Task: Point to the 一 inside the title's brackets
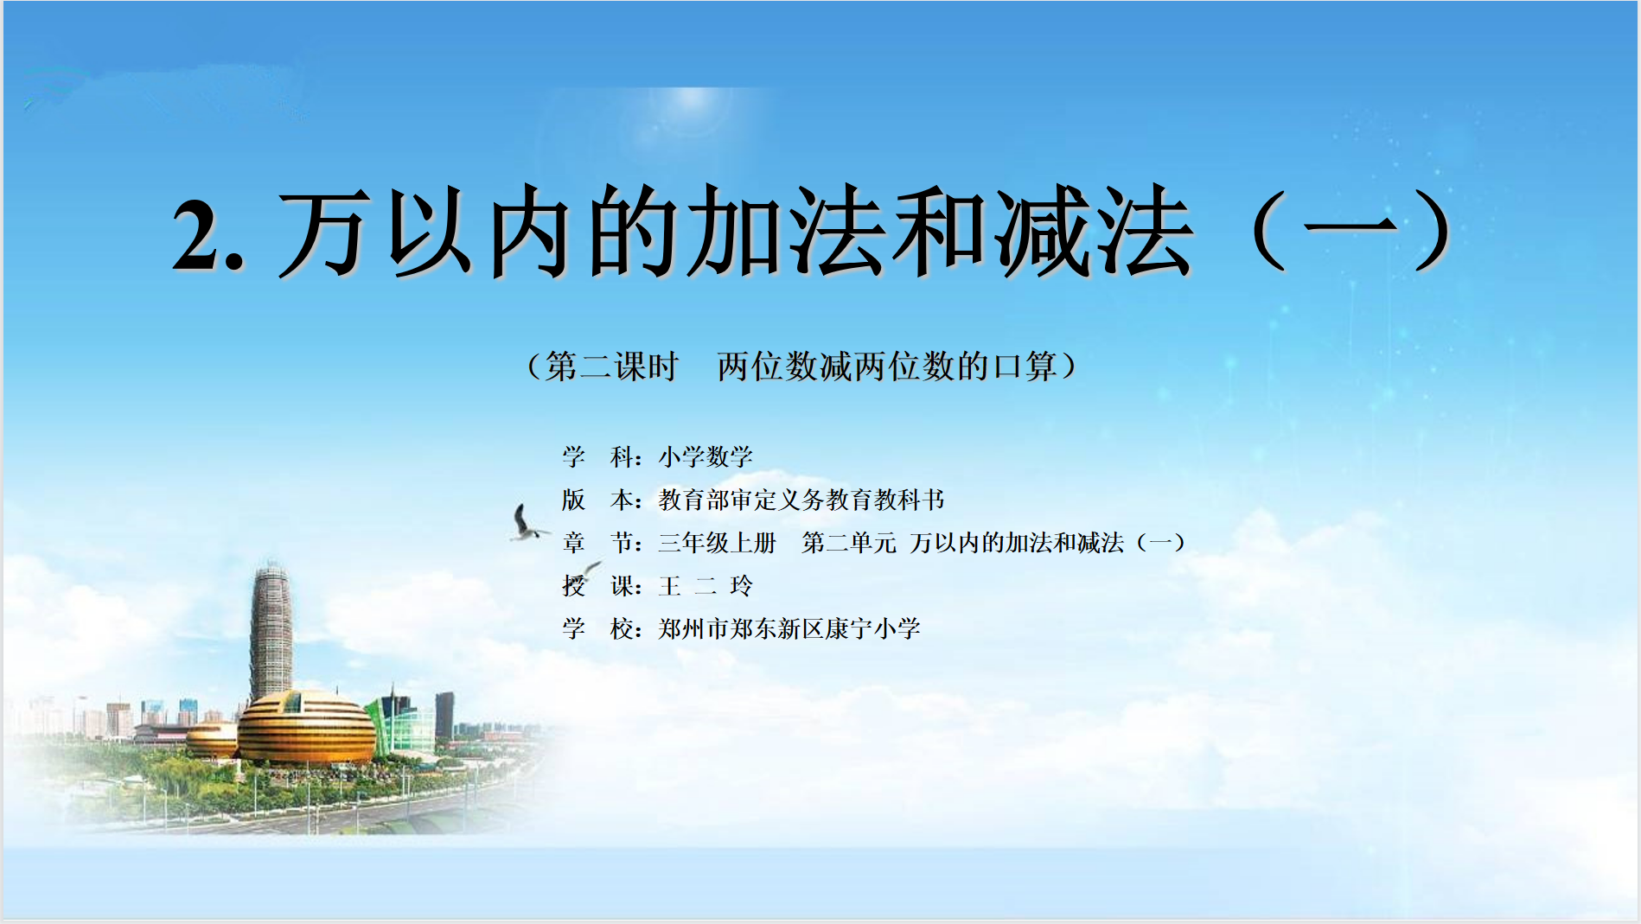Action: (x=1350, y=229)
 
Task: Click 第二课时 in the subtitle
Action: (x=612, y=366)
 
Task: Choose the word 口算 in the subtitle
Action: (x=1025, y=366)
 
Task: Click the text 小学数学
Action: (x=706, y=456)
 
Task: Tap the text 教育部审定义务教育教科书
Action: (x=801, y=500)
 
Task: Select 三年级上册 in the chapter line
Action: (x=717, y=543)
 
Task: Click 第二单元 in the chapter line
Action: (x=849, y=543)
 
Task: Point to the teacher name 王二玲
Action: (x=706, y=586)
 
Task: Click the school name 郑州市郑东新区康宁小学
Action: (x=789, y=628)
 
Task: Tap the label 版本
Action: (x=601, y=500)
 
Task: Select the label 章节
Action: (x=601, y=543)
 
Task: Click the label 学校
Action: (x=601, y=628)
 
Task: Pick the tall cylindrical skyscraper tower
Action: (x=271, y=631)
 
